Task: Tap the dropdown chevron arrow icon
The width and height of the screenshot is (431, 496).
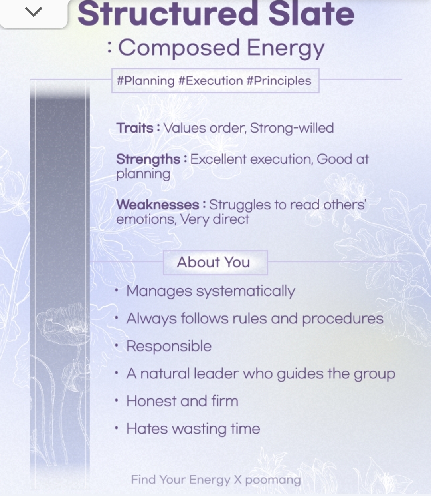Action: point(34,12)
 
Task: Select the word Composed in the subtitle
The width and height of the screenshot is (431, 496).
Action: point(179,48)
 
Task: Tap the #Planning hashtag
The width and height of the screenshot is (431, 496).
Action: point(146,81)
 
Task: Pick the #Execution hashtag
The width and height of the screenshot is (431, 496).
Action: point(211,80)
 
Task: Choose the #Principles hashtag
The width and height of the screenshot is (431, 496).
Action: point(279,81)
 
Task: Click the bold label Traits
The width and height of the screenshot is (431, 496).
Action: point(135,128)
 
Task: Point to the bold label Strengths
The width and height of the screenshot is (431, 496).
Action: point(148,159)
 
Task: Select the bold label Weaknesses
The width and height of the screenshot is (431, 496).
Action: point(158,205)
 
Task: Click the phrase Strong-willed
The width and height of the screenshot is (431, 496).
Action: point(292,128)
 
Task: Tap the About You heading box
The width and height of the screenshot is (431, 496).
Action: point(215,263)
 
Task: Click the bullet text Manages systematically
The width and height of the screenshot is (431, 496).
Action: point(211,291)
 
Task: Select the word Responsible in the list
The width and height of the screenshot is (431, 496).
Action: point(169,346)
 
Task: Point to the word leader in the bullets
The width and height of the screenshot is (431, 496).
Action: point(216,374)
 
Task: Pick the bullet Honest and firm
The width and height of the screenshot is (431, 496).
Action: point(182,401)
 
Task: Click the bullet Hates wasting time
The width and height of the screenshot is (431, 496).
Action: point(193,429)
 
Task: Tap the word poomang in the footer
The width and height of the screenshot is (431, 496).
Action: point(273,480)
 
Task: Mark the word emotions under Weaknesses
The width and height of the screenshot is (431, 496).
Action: point(146,219)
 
